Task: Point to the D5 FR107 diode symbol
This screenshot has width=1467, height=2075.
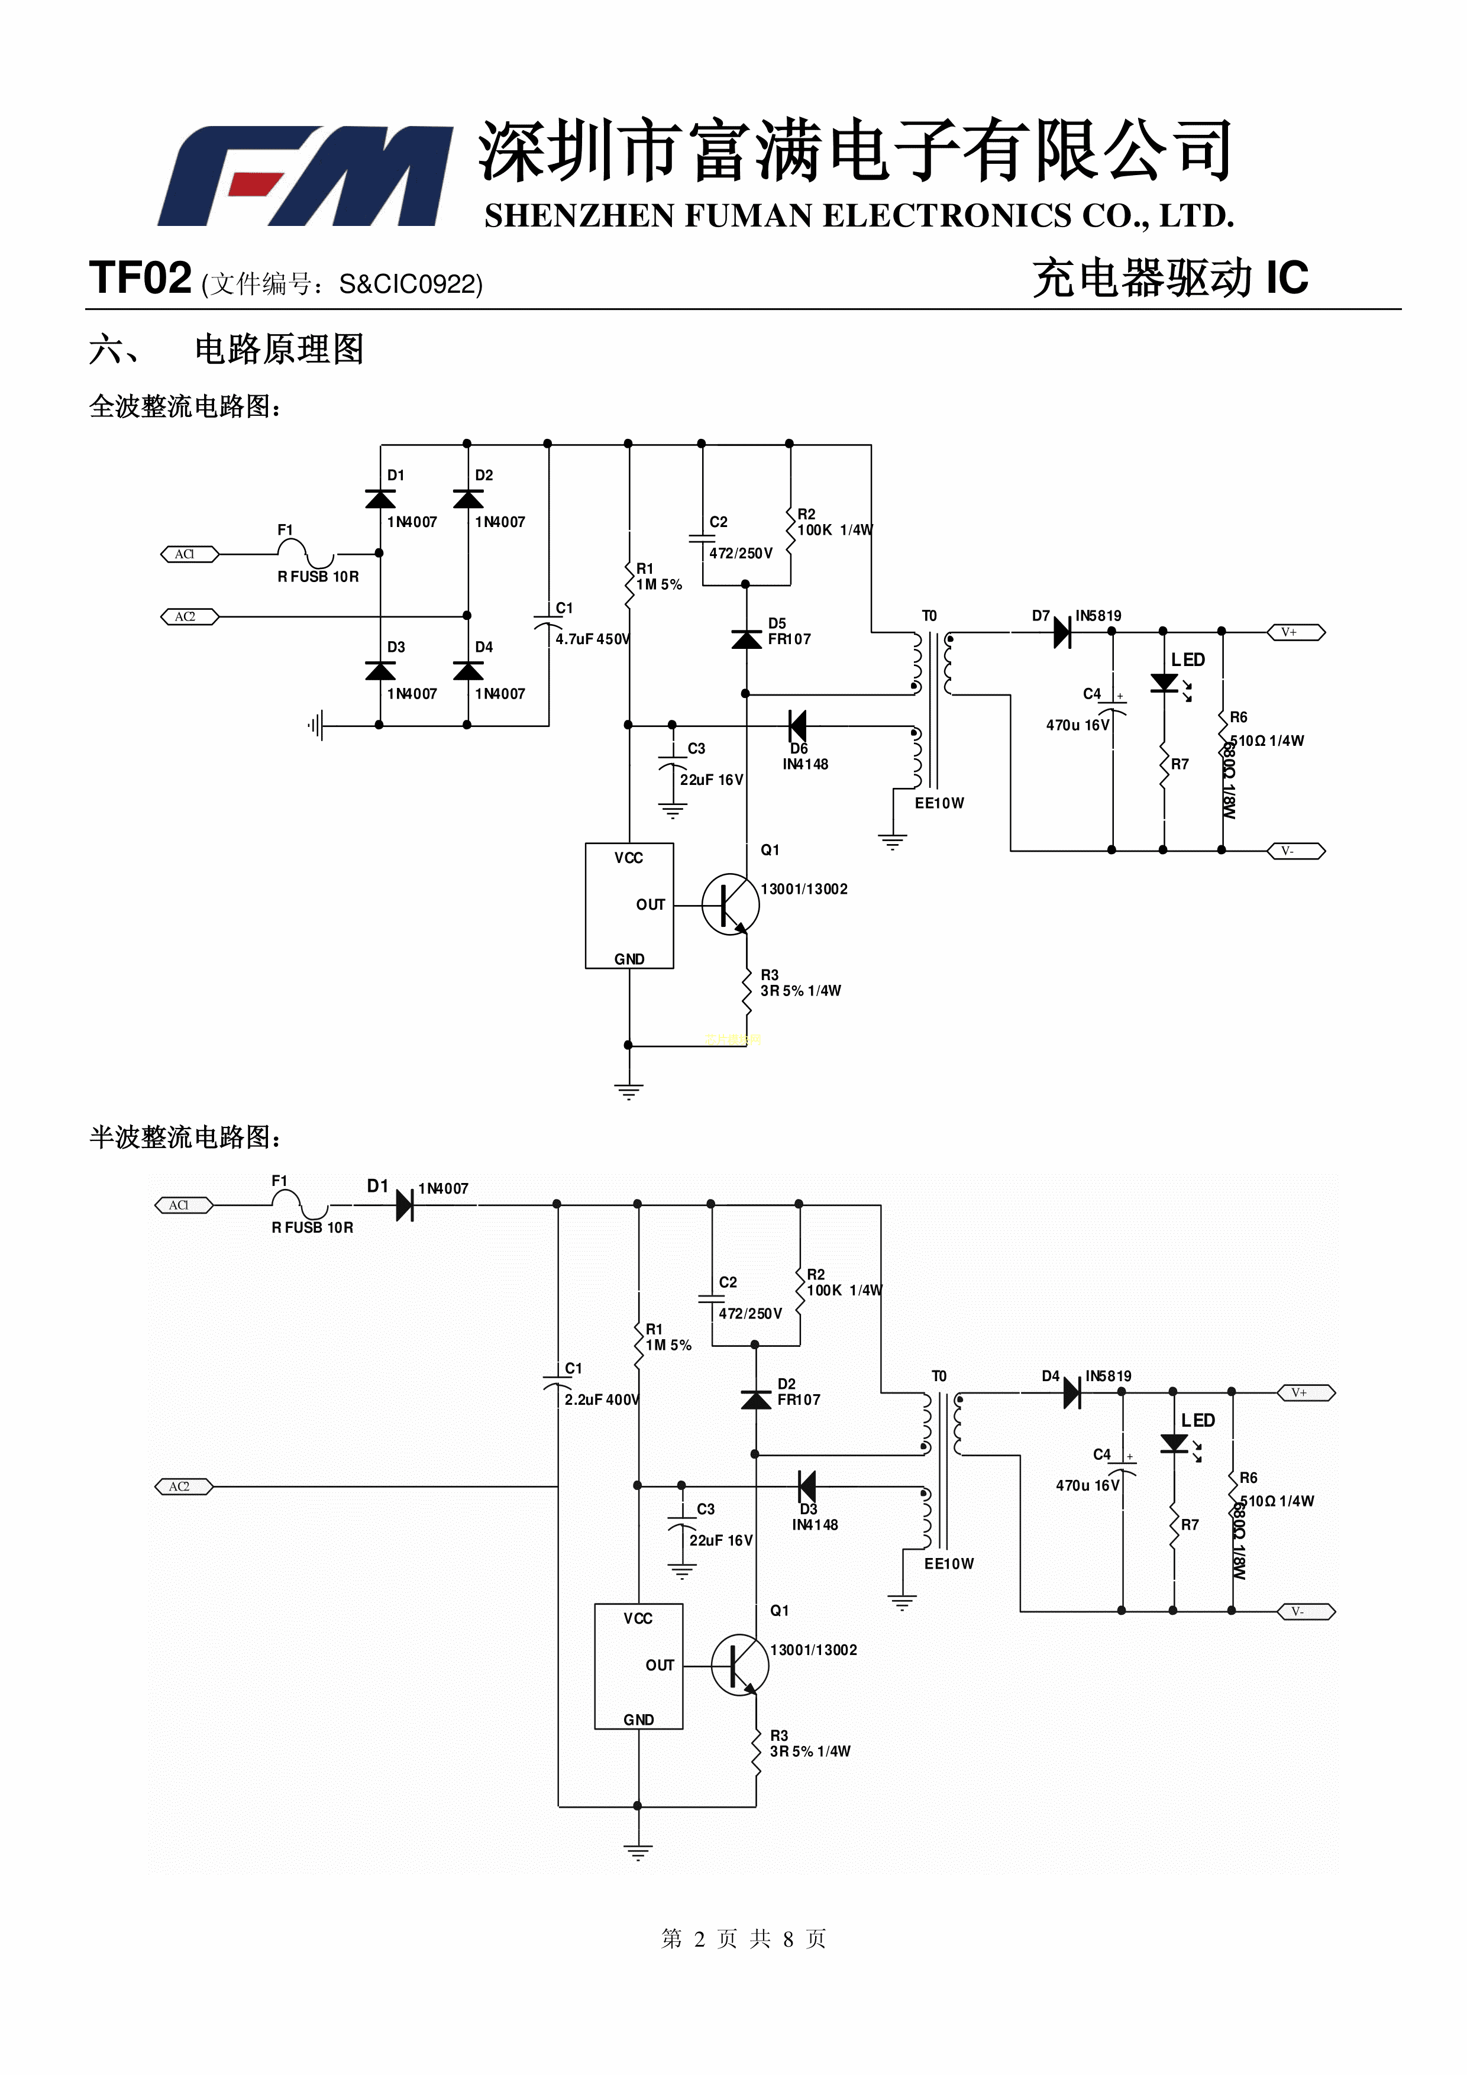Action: (x=746, y=639)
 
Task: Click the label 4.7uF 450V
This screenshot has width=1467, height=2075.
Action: (x=592, y=639)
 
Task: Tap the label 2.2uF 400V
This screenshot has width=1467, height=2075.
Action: (x=601, y=1400)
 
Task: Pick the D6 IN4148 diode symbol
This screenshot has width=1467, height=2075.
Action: (x=797, y=725)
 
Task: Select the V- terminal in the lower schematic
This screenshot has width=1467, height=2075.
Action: (x=1305, y=1611)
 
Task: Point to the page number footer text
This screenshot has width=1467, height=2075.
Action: (x=743, y=1938)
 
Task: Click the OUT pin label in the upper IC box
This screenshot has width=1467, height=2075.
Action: (x=650, y=904)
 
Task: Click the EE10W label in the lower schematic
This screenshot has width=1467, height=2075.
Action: (x=948, y=1563)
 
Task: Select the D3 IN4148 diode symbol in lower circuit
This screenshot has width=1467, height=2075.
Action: (x=806, y=1486)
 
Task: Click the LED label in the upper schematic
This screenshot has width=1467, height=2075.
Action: (x=1188, y=660)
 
